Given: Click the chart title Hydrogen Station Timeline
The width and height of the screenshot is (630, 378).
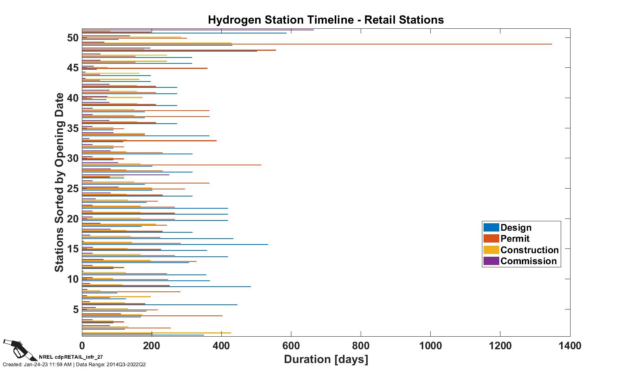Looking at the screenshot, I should point(326,20).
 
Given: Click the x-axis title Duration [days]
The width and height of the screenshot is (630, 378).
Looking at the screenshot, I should point(326,359).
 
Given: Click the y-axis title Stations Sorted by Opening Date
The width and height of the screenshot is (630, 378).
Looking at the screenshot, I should point(59,182).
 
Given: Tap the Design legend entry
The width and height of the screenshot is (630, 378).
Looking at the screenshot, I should point(516,228).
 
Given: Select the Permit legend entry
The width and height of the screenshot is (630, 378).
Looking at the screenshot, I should point(515,239).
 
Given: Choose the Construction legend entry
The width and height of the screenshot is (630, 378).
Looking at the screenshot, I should point(529,250).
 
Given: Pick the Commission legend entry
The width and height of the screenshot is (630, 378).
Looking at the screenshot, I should point(528,261).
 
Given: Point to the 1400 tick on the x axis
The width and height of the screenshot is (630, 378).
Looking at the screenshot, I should point(570,346).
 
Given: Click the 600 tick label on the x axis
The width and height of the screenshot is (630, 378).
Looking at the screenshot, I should point(291,346).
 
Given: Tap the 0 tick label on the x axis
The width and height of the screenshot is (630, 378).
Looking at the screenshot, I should point(82,346).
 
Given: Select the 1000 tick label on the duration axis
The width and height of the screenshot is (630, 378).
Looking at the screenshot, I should point(430,346).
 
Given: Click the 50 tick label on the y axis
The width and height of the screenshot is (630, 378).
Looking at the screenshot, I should point(73,38).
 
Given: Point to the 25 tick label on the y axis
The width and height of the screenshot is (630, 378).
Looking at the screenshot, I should point(73,189).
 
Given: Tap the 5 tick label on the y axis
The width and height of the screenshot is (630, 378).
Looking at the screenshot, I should point(76,309).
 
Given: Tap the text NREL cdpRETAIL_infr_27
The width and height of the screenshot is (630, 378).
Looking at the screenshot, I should point(71,357).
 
